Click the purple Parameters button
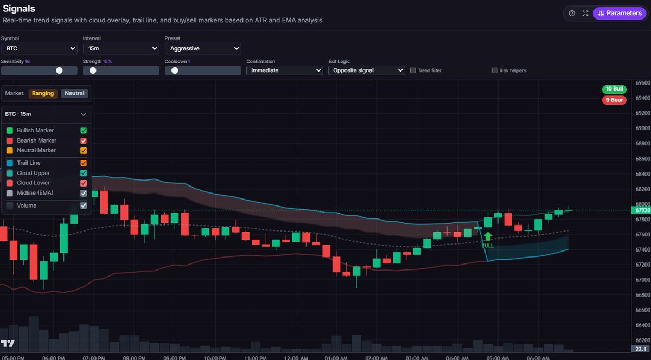pyautogui.click(x=620, y=13)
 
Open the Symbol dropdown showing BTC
pyautogui.click(x=39, y=49)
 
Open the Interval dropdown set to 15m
pyautogui.click(x=120, y=49)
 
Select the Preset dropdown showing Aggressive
pyautogui.click(x=202, y=49)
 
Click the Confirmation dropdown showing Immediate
pyautogui.click(x=285, y=70)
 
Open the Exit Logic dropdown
pyautogui.click(x=367, y=70)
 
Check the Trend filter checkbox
pyautogui.click(x=413, y=70)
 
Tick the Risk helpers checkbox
pyautogui.click(x=495, y=70)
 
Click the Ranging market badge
pyautogui.click(x=43, y=93)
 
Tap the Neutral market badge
pyautogui.click(x=74, y=93)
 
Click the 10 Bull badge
pyautogui.click(x=614, y=89)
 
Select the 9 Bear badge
pyautogui.click(x=614, y=100)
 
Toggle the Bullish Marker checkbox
pyautogui.click(x=84, y=131)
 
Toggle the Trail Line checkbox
pyautogui.click(x=84, y=163)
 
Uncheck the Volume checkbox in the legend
pyautogui.click(x=84, y=205)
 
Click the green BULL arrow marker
pyautogui.click(x=488, y=237)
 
